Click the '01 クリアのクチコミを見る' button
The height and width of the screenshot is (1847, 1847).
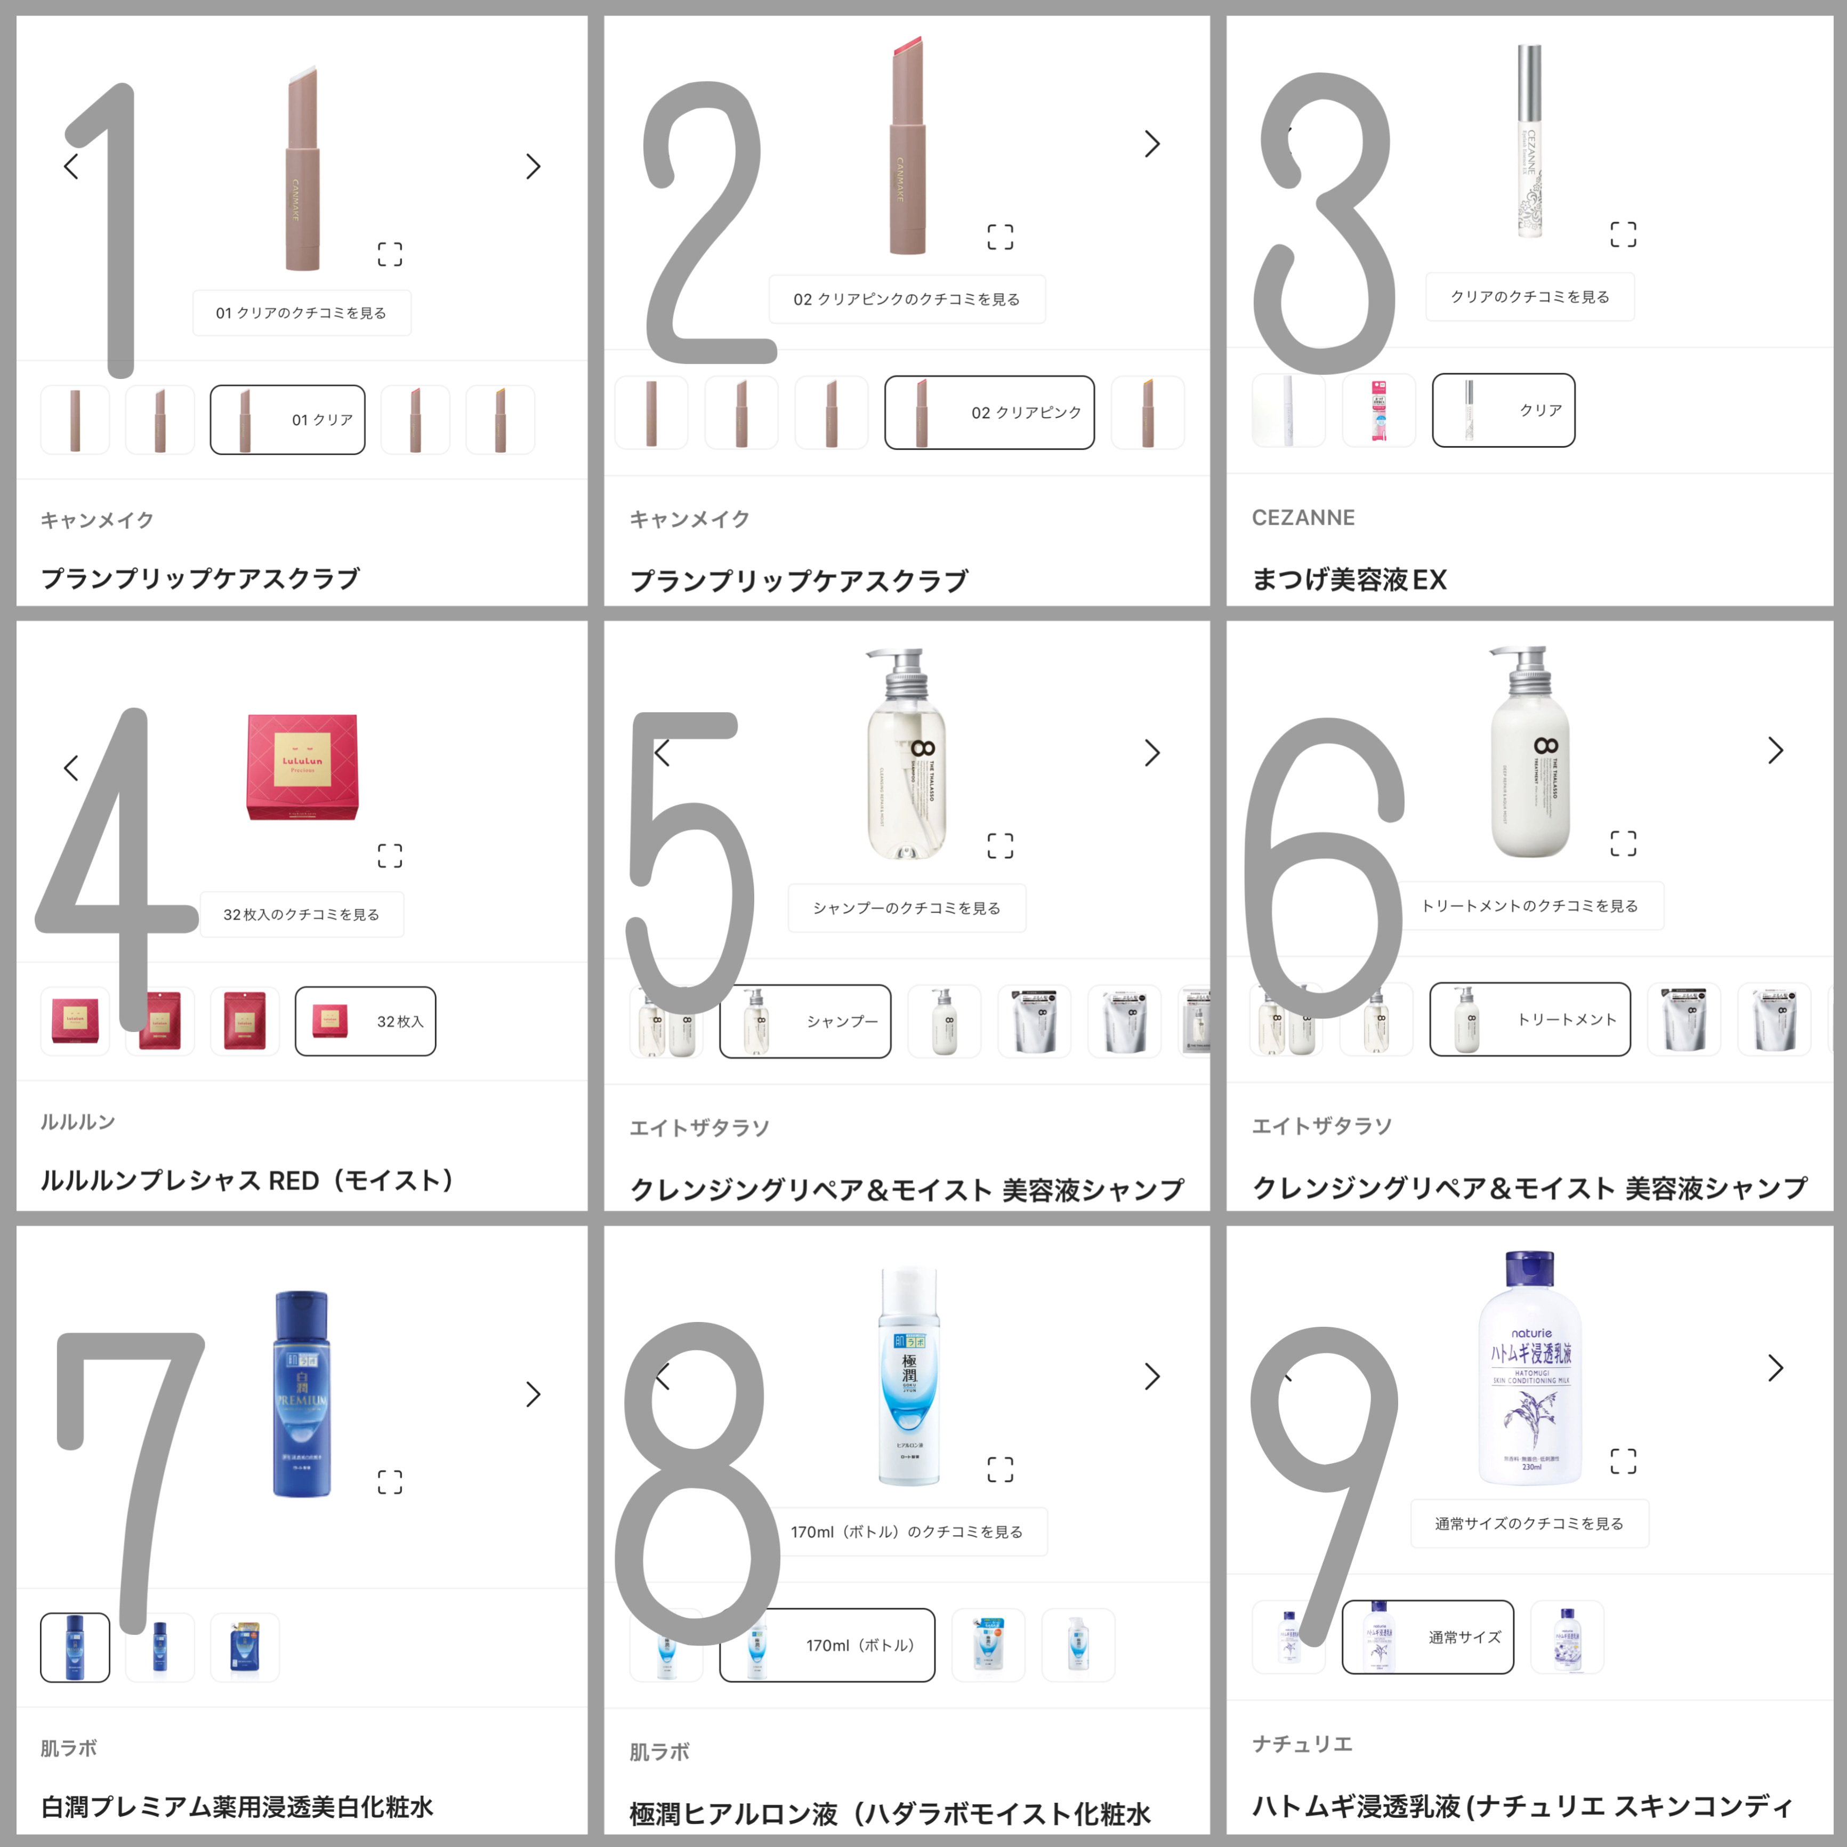point(301,312)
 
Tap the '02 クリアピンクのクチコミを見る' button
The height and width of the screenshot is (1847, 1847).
point(906,299)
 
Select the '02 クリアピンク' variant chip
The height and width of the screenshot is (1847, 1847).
point(989,412)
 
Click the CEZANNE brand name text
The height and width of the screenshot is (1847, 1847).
point(1303,517)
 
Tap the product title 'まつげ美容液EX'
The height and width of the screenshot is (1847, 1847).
point(1349,579)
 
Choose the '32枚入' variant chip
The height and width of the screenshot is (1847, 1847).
point(365,1021)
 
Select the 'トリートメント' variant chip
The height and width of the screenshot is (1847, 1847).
point(1530,1019)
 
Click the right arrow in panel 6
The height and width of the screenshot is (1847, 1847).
point(1775,751)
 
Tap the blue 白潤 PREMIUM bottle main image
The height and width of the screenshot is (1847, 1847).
point(302,1394)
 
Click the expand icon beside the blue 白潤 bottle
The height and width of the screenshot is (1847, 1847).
point(390,1482)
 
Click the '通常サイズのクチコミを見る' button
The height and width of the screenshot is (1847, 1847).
point(1530,1524)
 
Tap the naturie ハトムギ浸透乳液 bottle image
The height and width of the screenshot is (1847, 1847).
point(1530,1367)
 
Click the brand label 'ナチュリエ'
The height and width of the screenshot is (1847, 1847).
point(1302,1744)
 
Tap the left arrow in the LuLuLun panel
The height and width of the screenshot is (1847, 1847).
point(71,768)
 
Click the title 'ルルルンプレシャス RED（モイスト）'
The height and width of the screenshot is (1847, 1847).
point(247,1181)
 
